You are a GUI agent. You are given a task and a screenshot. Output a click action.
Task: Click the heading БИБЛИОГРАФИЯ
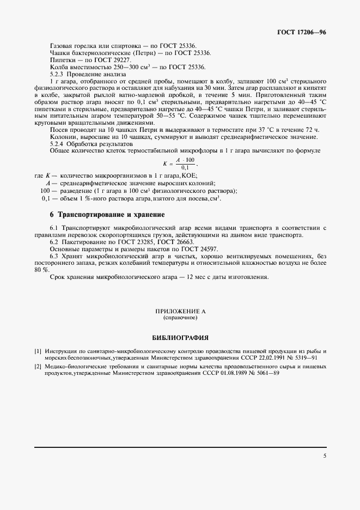[180, 338]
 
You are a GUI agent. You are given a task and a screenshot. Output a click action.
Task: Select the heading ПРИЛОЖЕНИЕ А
[180, 311]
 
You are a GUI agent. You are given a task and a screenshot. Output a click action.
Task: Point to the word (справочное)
[180, 317]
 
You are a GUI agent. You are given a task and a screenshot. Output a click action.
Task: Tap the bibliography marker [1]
[38, 351]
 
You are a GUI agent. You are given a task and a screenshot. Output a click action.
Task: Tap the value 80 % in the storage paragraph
[41, 270]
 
